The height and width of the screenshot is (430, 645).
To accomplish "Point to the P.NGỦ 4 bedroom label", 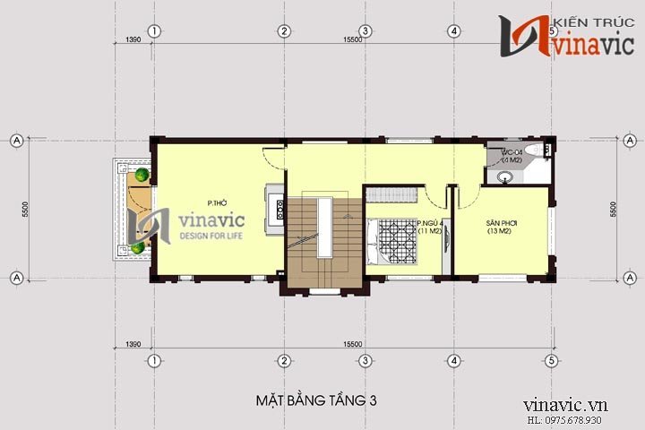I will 430,224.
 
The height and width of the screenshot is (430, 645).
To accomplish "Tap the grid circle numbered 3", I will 365,360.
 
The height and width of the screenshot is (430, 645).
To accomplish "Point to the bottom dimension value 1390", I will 133,344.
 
